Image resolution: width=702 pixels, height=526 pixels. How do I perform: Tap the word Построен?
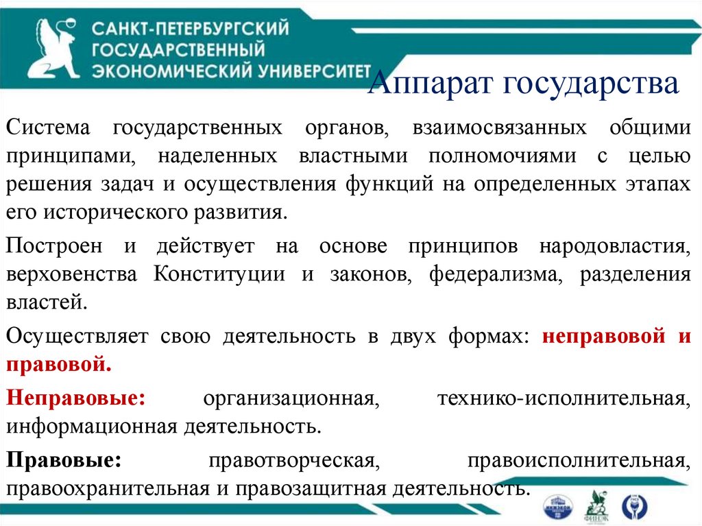[x=54, y=246]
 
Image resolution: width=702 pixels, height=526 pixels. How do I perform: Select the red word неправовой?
[x=604, y=337]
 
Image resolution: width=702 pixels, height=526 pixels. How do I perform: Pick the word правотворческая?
[x=294, y=460]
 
